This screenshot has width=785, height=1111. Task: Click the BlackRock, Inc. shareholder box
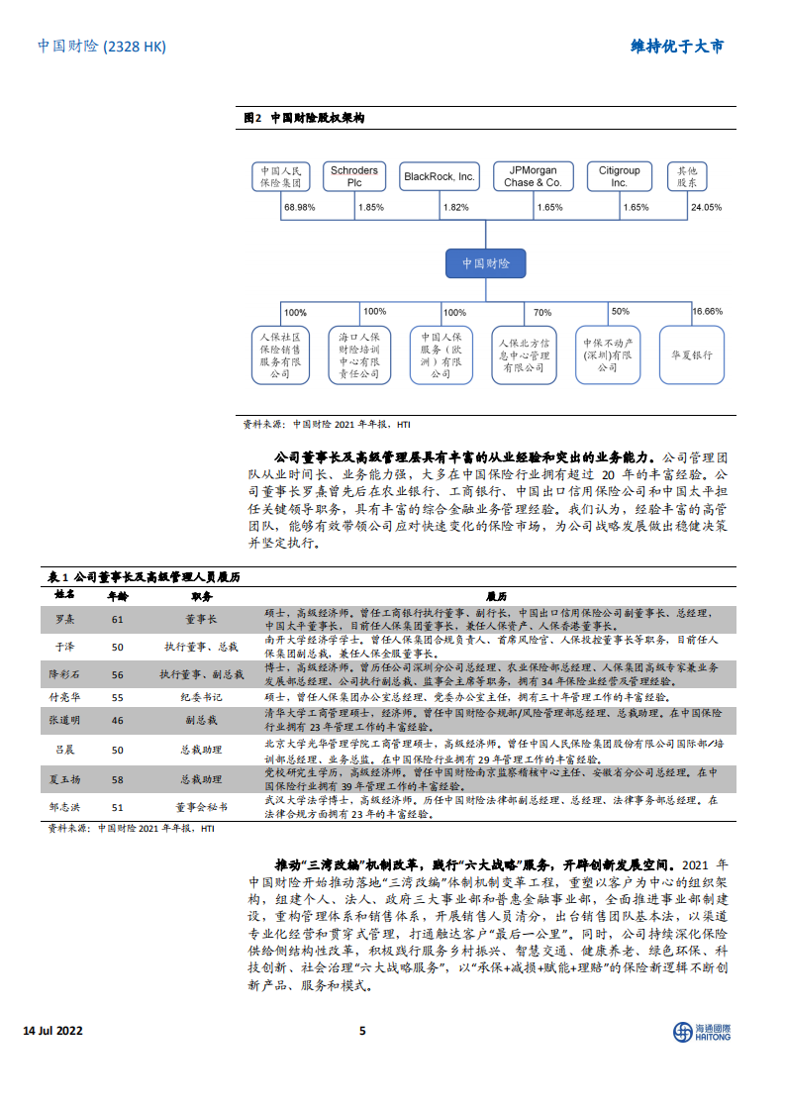pos(441,177)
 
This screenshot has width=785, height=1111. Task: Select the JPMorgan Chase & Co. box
pos(533,177)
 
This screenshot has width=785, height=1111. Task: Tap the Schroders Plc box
pos(353,177)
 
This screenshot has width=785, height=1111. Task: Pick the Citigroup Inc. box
pos(620,177)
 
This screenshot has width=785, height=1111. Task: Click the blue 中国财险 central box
pos(486,263)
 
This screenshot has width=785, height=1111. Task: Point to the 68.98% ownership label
pos(298,208)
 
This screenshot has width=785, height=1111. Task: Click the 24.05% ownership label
pos(706,208)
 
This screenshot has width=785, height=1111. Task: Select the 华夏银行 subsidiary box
pos(691,355)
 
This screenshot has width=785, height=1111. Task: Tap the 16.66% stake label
pos(707,311)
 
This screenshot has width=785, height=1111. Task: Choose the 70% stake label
pos(542,312)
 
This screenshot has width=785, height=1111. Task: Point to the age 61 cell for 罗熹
pos(117,620)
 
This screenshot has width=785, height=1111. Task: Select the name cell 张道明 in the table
pos(64,722)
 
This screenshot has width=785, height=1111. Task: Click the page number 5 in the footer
pos(362,1031)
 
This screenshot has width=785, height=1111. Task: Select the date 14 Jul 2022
pos(52,1031)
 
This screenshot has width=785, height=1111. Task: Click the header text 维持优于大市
pos(677,47)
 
